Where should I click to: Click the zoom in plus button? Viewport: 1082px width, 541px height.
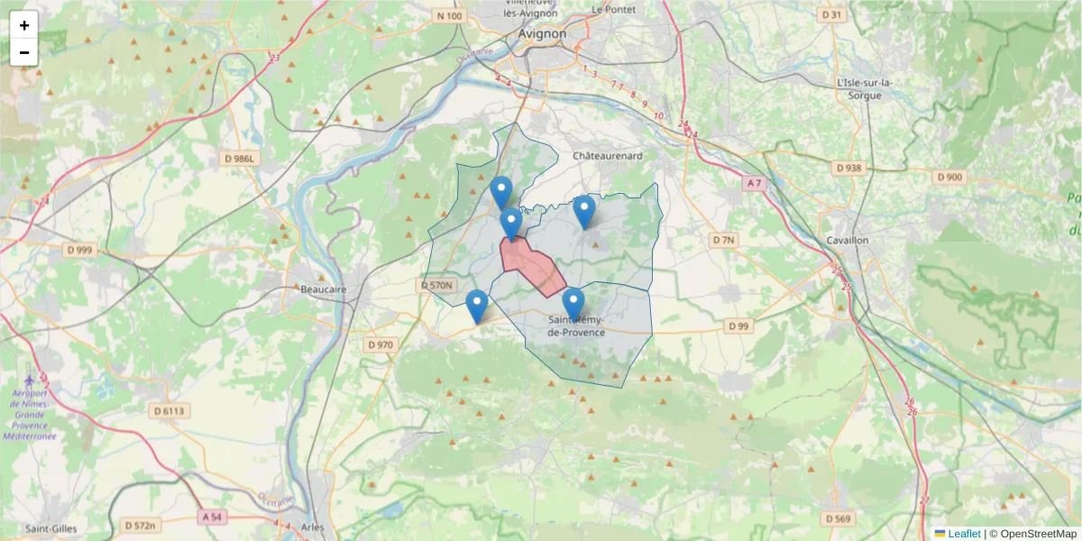pyautogui.click(x=24, y=25)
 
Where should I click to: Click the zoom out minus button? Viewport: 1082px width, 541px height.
pyautogui.click(x=24, y=52)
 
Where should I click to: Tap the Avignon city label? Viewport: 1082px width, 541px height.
pyautogui.click(x=543, y=33)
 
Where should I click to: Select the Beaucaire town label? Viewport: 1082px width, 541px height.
pyautogui.click(x=324, y=290)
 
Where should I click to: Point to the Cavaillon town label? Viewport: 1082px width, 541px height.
pyautogui.click(x=847, y=241)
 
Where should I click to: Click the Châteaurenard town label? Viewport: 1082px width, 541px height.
pyautogui.click(x=608, y=156)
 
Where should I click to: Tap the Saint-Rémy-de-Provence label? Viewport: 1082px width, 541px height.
pyautogui.click(x=577, y=326)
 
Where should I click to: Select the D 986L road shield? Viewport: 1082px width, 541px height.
pyautogui.click(x=240, y=159)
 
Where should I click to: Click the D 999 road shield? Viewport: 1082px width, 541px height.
pyautogui.click(x=79, y=250)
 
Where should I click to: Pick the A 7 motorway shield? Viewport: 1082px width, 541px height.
pyautogui.click(x=754, y=183)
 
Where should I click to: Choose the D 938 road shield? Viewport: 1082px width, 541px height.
pyautogui.click(x=849, y=168)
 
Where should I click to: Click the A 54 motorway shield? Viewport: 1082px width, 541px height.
pyautogui.click(x=212, y=517)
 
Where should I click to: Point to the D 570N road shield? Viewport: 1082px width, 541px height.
pyautogui.click(x=436, y=285)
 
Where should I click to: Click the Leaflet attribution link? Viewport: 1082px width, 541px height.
pyautogui.click(x=963, y=534)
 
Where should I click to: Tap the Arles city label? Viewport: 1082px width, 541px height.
pyautogui.click(x=313, y=527)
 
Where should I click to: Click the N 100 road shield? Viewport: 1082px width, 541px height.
pyautogui.click(x=448, y=16)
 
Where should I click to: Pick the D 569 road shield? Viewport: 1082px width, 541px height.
pyautogui.click(x=838, y=518)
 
